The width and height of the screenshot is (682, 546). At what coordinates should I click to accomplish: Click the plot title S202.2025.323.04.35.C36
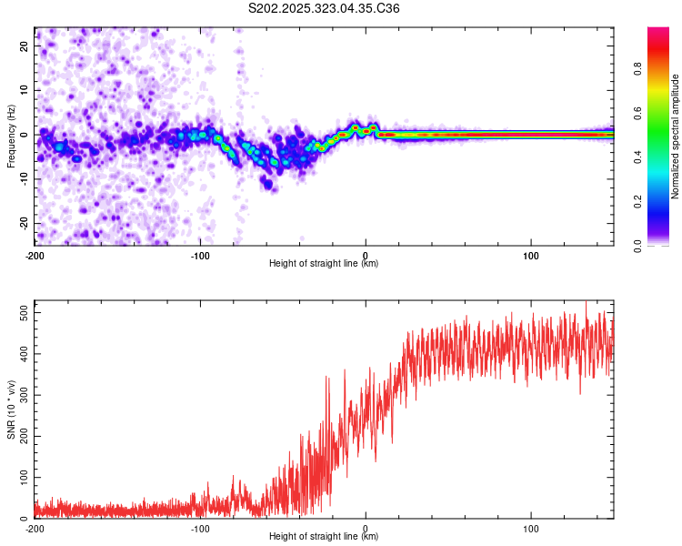325,8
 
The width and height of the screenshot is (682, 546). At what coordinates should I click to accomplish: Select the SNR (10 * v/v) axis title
11,409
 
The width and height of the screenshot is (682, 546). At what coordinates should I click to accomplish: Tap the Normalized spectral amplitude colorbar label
676,136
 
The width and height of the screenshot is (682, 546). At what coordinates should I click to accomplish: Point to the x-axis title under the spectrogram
324,264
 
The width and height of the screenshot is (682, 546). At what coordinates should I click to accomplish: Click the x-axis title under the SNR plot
324,537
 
